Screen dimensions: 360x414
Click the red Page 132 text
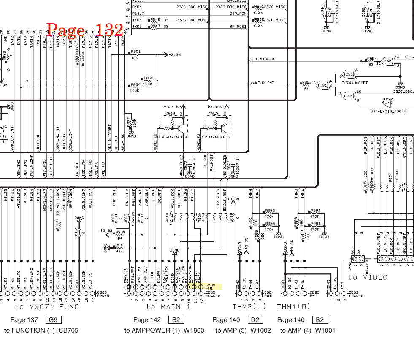[85, 29]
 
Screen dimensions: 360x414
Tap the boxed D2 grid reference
[254, 320]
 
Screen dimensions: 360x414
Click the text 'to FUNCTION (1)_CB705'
[41, 330]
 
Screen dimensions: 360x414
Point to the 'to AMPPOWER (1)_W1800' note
[164, 330]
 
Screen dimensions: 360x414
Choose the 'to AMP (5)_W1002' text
[243, 330]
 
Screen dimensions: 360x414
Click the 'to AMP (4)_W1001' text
[308, 330]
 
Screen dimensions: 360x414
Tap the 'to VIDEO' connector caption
[368, 277]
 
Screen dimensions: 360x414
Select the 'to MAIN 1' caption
[168, 307]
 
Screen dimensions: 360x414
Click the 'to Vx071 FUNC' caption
[47, 307]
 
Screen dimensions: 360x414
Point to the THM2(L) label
[249, 306]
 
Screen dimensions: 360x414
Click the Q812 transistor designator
[170, 114]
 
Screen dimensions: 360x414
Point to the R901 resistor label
[135, 51]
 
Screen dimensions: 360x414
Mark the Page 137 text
[24, 320]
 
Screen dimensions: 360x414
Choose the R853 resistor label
[307, 83]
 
